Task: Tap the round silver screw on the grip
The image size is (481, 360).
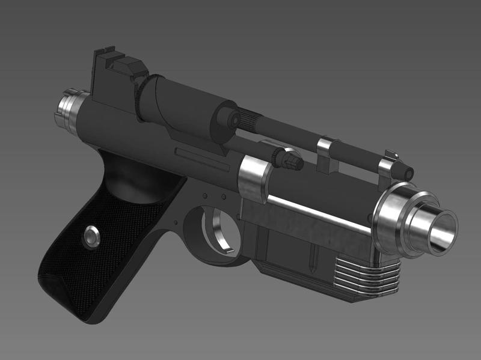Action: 92,237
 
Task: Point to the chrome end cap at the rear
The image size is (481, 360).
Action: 67,109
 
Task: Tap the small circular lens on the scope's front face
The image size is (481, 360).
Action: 232,120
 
